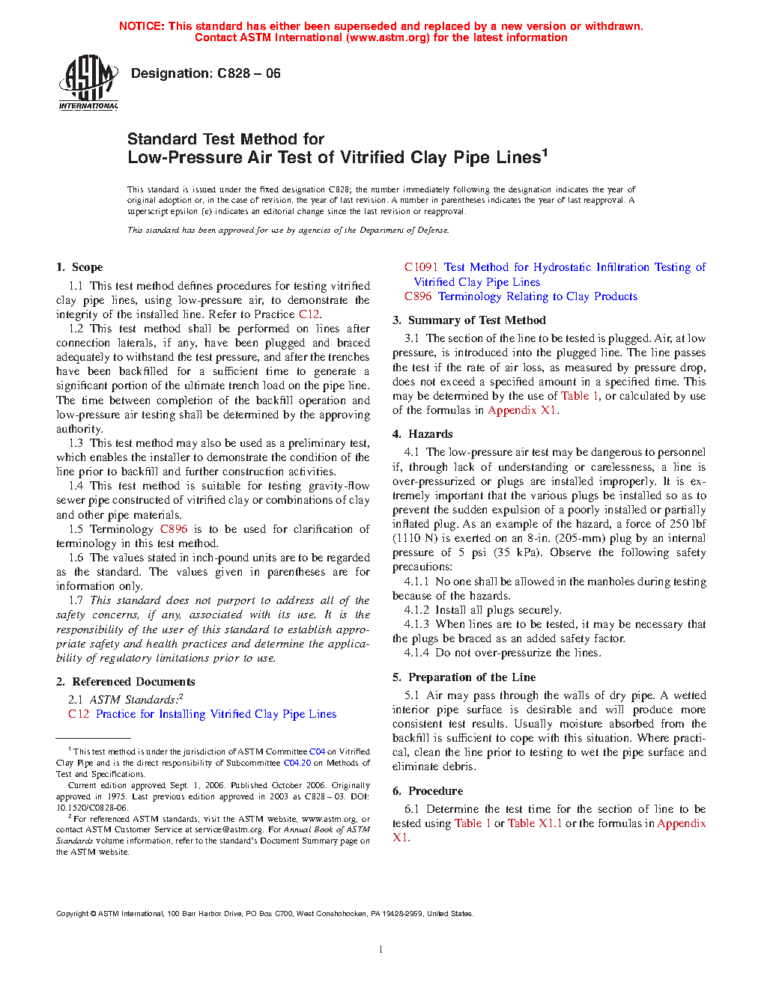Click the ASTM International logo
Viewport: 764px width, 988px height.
click(88, 82)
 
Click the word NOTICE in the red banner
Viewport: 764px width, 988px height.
click(142, 26)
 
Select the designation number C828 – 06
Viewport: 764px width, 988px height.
click(249, 73)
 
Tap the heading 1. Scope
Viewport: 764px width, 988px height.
click(79, 267)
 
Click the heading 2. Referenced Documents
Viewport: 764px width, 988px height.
click(125, 682)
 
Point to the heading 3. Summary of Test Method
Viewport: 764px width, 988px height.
click(469, 320)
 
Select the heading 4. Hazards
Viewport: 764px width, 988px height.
click(422, 434)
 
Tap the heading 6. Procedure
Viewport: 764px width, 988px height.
click(428, 791)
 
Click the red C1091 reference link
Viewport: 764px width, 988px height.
click(421, 267)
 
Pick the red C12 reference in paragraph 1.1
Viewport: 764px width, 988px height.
click(309, 314)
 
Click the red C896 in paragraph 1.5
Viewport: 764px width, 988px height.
click(174, 529)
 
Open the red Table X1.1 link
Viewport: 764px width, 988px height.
click(535, 823)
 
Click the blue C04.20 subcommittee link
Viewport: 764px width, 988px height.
click(297, 763)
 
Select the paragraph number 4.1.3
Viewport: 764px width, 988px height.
click(416, 624)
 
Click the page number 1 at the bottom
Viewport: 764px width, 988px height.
click(381, 950)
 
